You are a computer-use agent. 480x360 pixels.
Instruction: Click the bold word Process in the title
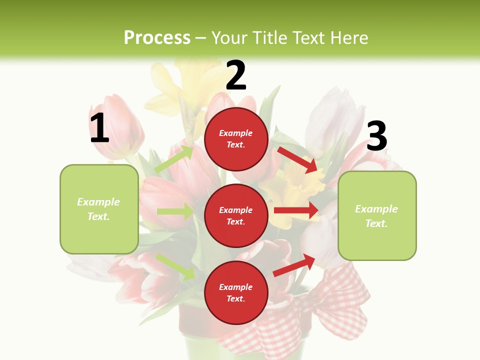[157, 37]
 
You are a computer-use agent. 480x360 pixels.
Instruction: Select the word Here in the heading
[349, 37]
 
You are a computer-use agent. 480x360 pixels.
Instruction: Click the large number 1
[99, 128]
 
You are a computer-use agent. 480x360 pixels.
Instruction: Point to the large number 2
[236, 75]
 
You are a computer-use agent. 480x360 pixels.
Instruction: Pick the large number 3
[377, 136]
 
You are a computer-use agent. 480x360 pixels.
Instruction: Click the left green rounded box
[99, 209]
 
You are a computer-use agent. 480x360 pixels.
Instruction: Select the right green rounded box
[377, 215]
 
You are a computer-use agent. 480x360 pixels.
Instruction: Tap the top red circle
[236, 139]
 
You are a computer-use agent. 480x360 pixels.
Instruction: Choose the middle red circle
[236, 215]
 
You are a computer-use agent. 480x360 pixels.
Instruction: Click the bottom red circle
[236, 292]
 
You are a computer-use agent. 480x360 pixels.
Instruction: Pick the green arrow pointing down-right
[175, 266]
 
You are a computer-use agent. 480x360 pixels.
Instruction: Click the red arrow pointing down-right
[297, 159]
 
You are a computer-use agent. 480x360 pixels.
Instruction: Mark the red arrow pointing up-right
[294, 265]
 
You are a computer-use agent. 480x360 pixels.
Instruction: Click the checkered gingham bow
[320, 310]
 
